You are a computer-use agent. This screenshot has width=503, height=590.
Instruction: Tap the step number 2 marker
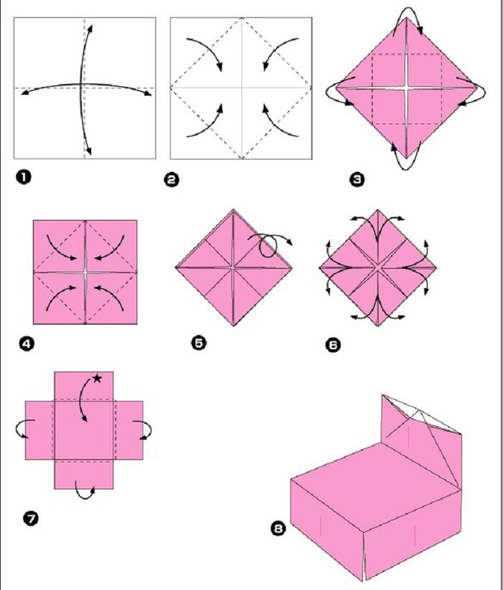pyautogui.click(x=172, y=180)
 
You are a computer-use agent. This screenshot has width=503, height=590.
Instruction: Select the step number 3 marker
pyautogui.click(x=357, y=180)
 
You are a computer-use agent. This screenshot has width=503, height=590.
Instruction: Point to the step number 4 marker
pyautogui.click(x=27, y=344)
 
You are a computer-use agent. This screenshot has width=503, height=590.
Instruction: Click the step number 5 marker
pyautogui.click(x=199, y=342)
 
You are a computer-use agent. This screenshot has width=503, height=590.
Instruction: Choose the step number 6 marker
pyautogui.click(x=333, y=345)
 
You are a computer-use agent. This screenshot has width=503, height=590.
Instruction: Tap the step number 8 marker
pyautogui.click(x=278, y=529)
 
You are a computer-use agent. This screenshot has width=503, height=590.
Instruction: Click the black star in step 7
pyautogui.click(x=97, y=378)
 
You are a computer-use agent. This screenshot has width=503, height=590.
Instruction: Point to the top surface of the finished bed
pyautogui.click(x=377, y=485)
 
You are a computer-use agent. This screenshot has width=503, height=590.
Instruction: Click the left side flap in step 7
pyautogui.click(x=40, y=430)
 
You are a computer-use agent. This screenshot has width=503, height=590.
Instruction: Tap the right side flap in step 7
pyautogui.click(x=129, y=430)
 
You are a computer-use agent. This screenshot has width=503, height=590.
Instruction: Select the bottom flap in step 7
pyautogui.click(x=84, y=475)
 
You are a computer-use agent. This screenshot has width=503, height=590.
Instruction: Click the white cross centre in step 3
pyautogui.click(x=407, y=88)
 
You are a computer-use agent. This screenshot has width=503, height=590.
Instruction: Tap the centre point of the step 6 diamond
pyautogui.click(x=378, y=267)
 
